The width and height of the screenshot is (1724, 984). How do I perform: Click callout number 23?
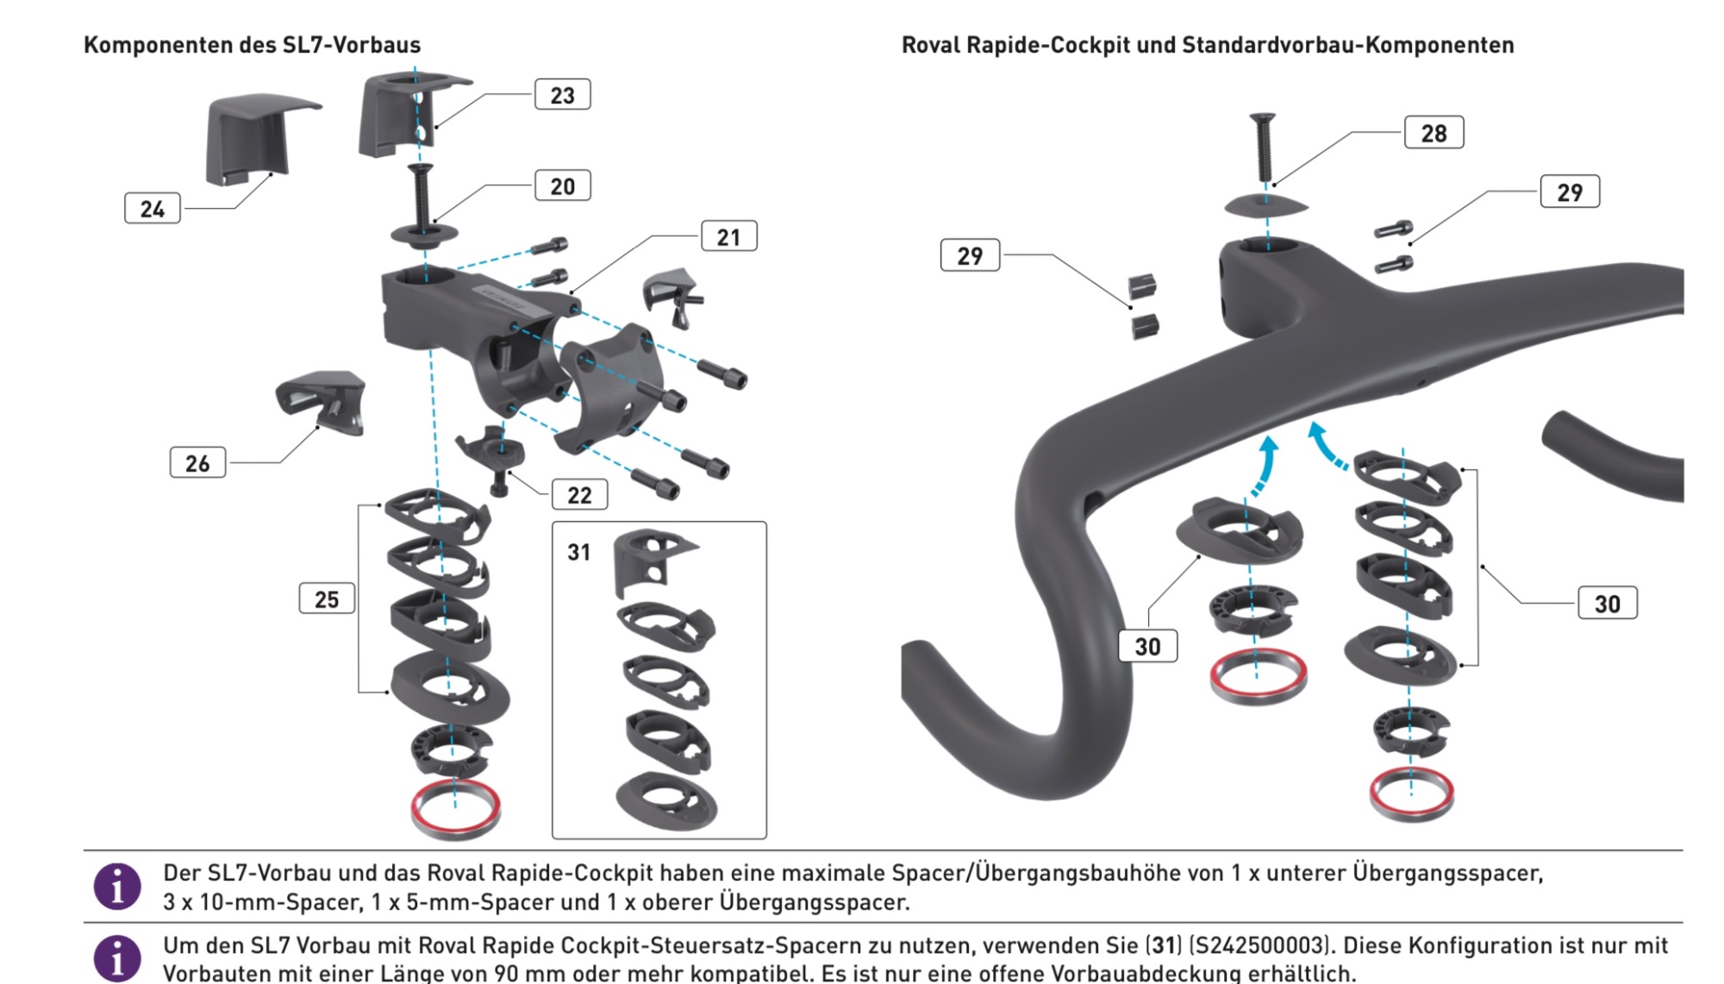[562, 95]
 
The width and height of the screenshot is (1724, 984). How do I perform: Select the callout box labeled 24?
[153, 209]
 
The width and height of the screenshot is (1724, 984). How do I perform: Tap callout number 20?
[562, 186]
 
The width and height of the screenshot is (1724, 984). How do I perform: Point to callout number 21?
[728, 237]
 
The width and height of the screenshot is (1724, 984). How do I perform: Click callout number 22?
[579, 495]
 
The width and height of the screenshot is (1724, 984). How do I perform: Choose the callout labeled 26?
[197, 463]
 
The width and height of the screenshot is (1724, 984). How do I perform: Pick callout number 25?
[327, 599]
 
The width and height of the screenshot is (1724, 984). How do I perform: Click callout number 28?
[1434, 134]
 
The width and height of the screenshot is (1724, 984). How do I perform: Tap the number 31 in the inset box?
[579, 552]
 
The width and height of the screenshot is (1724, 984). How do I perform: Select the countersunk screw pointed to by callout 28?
[1264, 147]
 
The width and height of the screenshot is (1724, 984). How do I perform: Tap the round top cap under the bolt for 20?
[424, 235]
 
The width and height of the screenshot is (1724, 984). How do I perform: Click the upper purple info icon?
[117, 887]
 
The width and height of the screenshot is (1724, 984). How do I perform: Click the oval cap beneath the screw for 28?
[1266, 206]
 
